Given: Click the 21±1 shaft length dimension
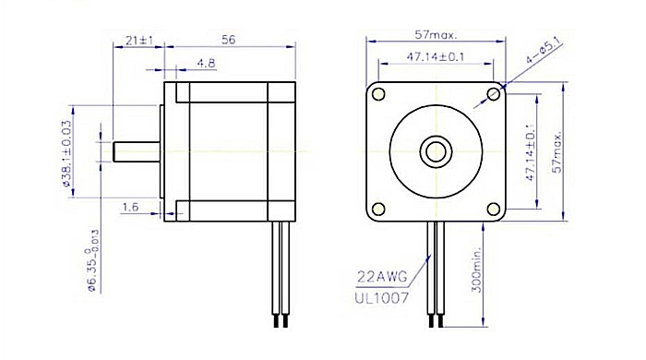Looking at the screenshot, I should click(138, 42).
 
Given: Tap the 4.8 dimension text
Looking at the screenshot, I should click(207, 64).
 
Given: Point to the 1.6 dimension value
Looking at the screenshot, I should click(130, 209).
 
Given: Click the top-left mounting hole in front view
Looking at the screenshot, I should click(377, 94).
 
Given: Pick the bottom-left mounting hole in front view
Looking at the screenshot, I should click(377, 209).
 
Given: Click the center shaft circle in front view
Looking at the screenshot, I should click(436, 150).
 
